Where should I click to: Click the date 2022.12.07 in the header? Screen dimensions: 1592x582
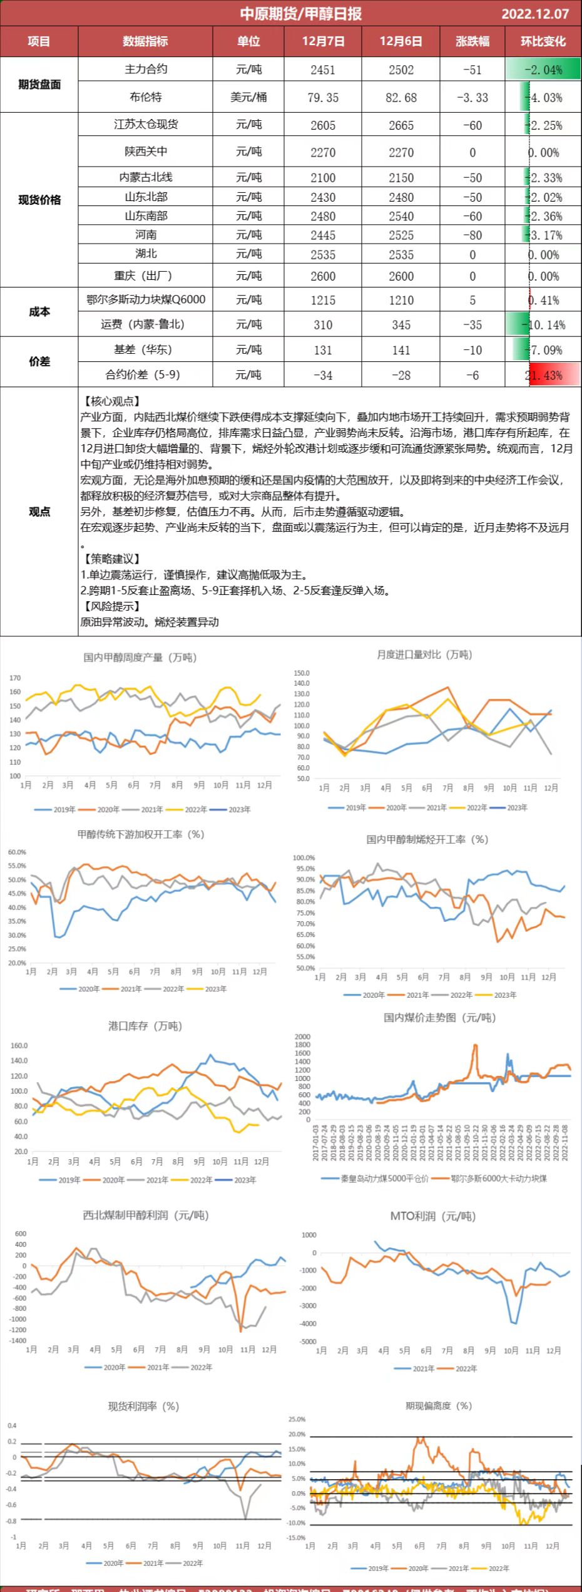535,14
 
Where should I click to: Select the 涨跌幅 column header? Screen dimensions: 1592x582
472,41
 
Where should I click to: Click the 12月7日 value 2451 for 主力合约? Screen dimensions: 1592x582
323,70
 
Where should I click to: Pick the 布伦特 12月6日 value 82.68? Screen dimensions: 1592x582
401,98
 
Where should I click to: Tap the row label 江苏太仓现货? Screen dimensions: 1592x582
146,125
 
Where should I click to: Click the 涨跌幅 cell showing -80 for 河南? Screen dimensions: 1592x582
472,235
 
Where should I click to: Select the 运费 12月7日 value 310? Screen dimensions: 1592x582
323,325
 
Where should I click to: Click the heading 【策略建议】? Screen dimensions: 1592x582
111,559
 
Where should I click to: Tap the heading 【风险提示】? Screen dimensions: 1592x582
111,606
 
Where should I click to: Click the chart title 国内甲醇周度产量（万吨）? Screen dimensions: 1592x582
140,658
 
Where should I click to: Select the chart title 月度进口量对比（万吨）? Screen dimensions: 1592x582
424,654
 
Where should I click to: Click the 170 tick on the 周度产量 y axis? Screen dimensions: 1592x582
15,678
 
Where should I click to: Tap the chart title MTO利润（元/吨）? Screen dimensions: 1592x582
433,1216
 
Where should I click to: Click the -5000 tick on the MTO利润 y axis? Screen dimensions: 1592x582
309,1341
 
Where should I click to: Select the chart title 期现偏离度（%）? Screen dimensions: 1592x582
439,1406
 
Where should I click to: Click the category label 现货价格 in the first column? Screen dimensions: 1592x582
39,200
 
